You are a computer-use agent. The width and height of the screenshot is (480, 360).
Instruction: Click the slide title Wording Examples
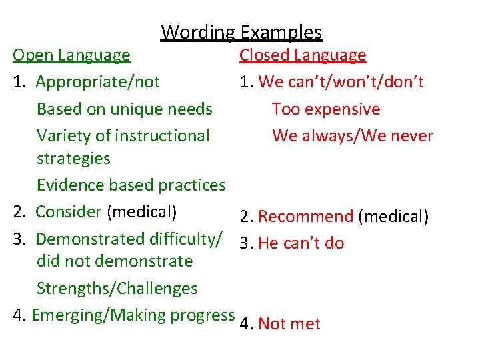coord(241,32)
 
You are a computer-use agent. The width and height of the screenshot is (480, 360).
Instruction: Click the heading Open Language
coord(72,55)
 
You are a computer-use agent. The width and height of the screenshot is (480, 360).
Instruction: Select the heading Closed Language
coord(303,55)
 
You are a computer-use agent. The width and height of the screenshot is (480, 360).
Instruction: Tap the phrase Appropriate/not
coord(98,82)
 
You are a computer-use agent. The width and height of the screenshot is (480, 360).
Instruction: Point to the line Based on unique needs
coord(125,109)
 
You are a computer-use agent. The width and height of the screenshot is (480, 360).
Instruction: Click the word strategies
coord(73,159)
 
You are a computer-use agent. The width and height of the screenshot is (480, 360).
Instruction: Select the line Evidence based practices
coord(131,185)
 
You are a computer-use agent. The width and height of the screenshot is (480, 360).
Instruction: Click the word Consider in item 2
coord(68,212)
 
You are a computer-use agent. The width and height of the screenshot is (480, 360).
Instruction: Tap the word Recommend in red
coord(305,217)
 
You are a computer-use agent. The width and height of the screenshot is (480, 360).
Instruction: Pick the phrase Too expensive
coord(326,109)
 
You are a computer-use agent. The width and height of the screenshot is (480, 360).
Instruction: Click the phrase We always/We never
coord(353,136)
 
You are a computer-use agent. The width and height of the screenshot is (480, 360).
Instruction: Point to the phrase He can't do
coord(301,243)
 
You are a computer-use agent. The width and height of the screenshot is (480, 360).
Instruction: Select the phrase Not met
coord(289,324)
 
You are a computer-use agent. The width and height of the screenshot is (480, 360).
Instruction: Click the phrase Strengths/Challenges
coord(117,289)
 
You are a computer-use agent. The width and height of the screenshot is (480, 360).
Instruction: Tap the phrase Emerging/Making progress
coord(133,315)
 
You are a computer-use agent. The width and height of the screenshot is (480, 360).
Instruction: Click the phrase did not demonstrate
coord(115,261)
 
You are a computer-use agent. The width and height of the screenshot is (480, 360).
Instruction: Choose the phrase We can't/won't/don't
coord(341,82)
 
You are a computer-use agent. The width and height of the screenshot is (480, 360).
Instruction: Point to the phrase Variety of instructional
coord(123,136)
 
